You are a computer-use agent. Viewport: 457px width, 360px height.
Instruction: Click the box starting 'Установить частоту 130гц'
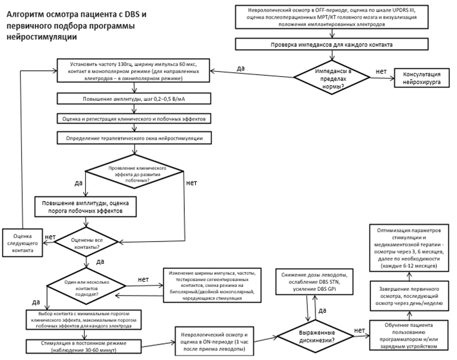(x=134, y=70)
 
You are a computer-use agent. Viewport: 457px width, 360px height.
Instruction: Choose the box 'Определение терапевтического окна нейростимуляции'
(x=134, y=138)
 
